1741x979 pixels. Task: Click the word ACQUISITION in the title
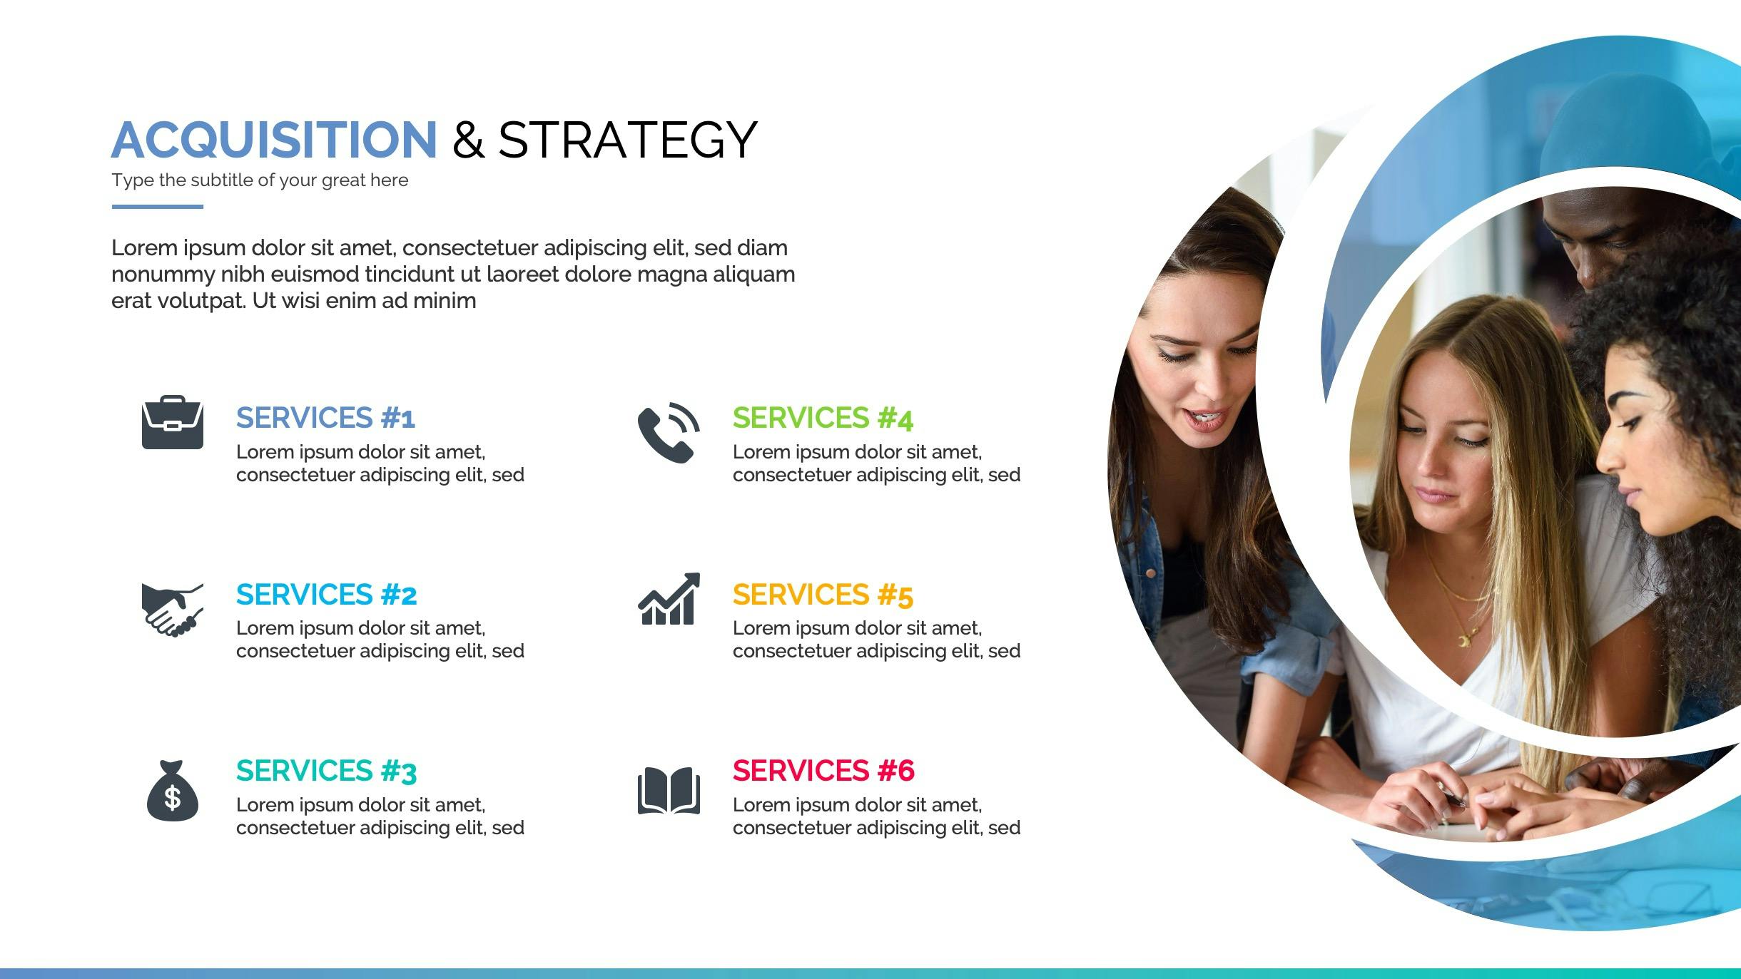[x=274, y=140]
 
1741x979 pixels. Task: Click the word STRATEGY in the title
[x=627, y=140]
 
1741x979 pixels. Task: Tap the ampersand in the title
[x=468, y=140]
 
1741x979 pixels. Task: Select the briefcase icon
[x=173, y=422]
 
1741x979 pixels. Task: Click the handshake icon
[x=173, y=610]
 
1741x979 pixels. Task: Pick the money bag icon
[x=173, y=791]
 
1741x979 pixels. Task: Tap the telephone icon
[x=669, y=432]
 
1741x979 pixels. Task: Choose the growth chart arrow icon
[x=669, y=599]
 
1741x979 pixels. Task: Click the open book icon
[x=669, y=791]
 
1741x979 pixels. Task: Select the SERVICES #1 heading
[x=325, y=418]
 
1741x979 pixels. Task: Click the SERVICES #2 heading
[x=327, y=595]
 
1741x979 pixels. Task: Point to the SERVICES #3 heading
[x=327, y=772]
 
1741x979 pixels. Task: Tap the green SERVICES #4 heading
[x=823, y=419]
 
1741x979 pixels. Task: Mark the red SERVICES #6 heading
[x=823, y=771]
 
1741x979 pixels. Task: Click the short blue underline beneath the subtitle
[x=158, y=207]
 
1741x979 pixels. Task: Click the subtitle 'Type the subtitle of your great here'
[x=260, y=180]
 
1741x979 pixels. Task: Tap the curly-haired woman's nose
[x=1608, y=456]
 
